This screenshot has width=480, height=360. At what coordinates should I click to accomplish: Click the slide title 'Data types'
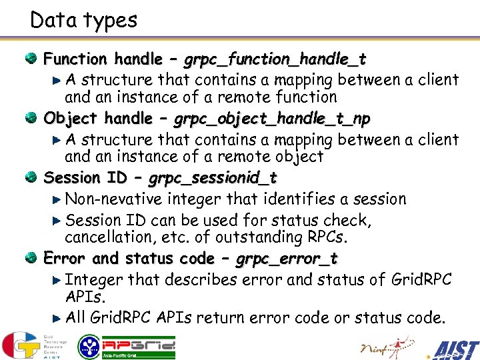pyautogui.click(x=84, y=20)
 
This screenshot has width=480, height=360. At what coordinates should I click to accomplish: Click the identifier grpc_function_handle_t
pyautogui.click(x=275, y=59)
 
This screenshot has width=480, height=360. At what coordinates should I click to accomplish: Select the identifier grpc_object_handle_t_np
pyautogui.click(x=272, y=119)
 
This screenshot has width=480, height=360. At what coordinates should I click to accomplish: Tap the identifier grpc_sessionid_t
pyautogui.click(x=213, y=179)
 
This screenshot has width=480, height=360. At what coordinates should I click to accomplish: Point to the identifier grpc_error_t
pyautogui.click(x=287, y=259)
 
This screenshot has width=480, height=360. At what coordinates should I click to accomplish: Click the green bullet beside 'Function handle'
pyautogui.click(x=31, y=59)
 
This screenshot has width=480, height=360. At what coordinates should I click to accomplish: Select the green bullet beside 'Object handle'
pyautogui.click(x=31, y=119)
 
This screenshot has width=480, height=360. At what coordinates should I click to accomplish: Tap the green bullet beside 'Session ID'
pyautogui.click(x=31, y=178)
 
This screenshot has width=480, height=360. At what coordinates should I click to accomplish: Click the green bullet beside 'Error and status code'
pyautogui.click(x=31, y=258)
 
